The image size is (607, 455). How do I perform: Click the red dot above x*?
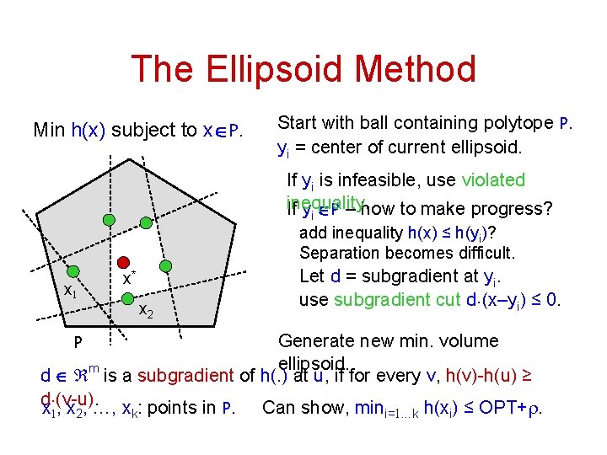(123, 263)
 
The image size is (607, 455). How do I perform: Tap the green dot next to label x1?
(73, 271)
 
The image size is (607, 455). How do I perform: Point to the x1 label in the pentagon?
(72, 291)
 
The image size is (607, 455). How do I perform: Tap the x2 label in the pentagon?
(146, 313)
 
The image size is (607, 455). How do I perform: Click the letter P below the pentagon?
(77, 344)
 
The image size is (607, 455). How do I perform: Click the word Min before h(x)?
(49, 131)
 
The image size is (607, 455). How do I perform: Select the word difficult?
(485, 253)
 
